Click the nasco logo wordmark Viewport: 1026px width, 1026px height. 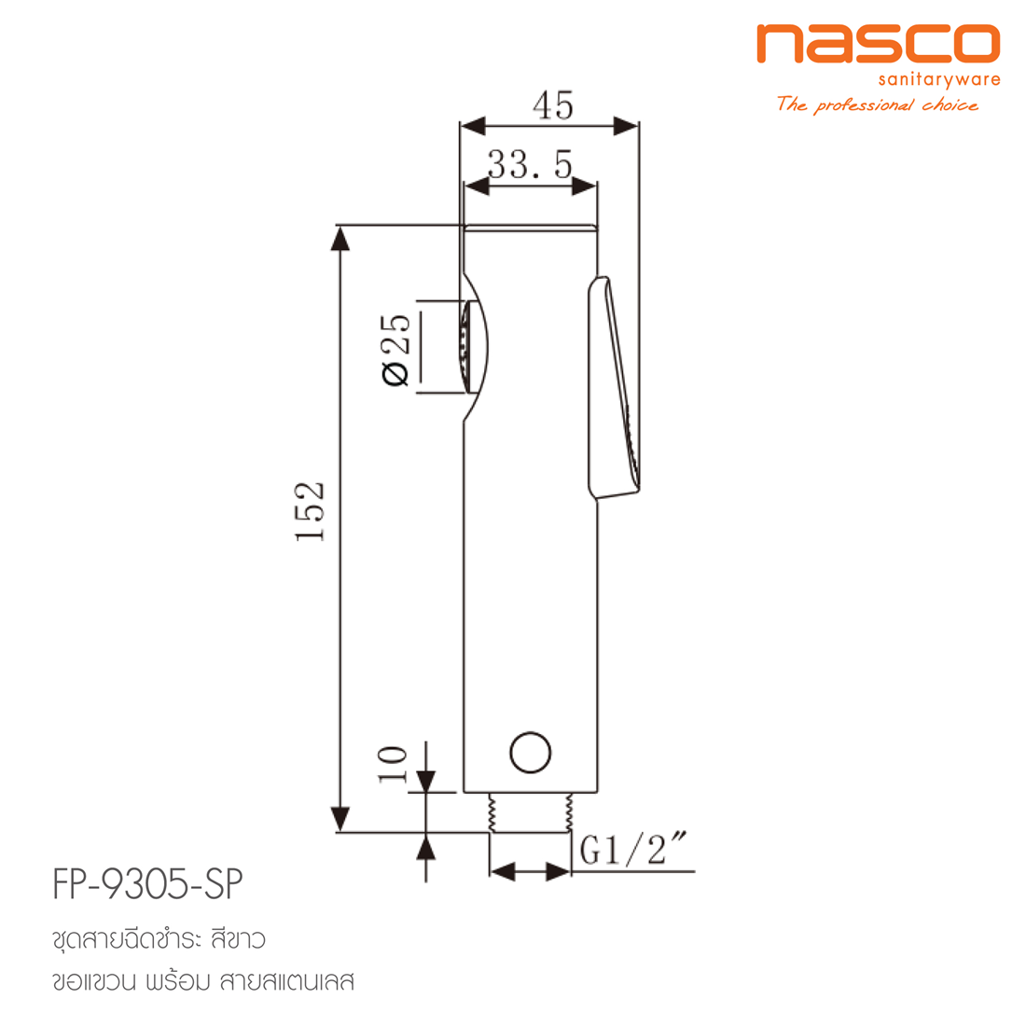(x=877, y=44)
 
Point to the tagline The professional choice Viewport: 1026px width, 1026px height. (x=877, y=104)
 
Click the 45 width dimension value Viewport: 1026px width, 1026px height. (x=553, y=104)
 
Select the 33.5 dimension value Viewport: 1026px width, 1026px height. (x=529, y=165)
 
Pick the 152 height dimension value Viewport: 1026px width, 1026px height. (x=310, y=511)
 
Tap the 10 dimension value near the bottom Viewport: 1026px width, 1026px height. (x=393, y=766)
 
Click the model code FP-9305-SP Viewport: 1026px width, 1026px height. (x=148, y=884)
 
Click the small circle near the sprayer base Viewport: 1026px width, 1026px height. (x=531, y=752)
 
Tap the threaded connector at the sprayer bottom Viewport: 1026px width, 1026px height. (x=529, y=812)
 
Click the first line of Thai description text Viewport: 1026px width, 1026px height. (x=159, y=939)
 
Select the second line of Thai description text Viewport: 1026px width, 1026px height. (x=204, y=982)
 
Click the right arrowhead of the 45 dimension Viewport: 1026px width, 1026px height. (x=627, y=125)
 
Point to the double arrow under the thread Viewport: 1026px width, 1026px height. (x=529, y=872)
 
